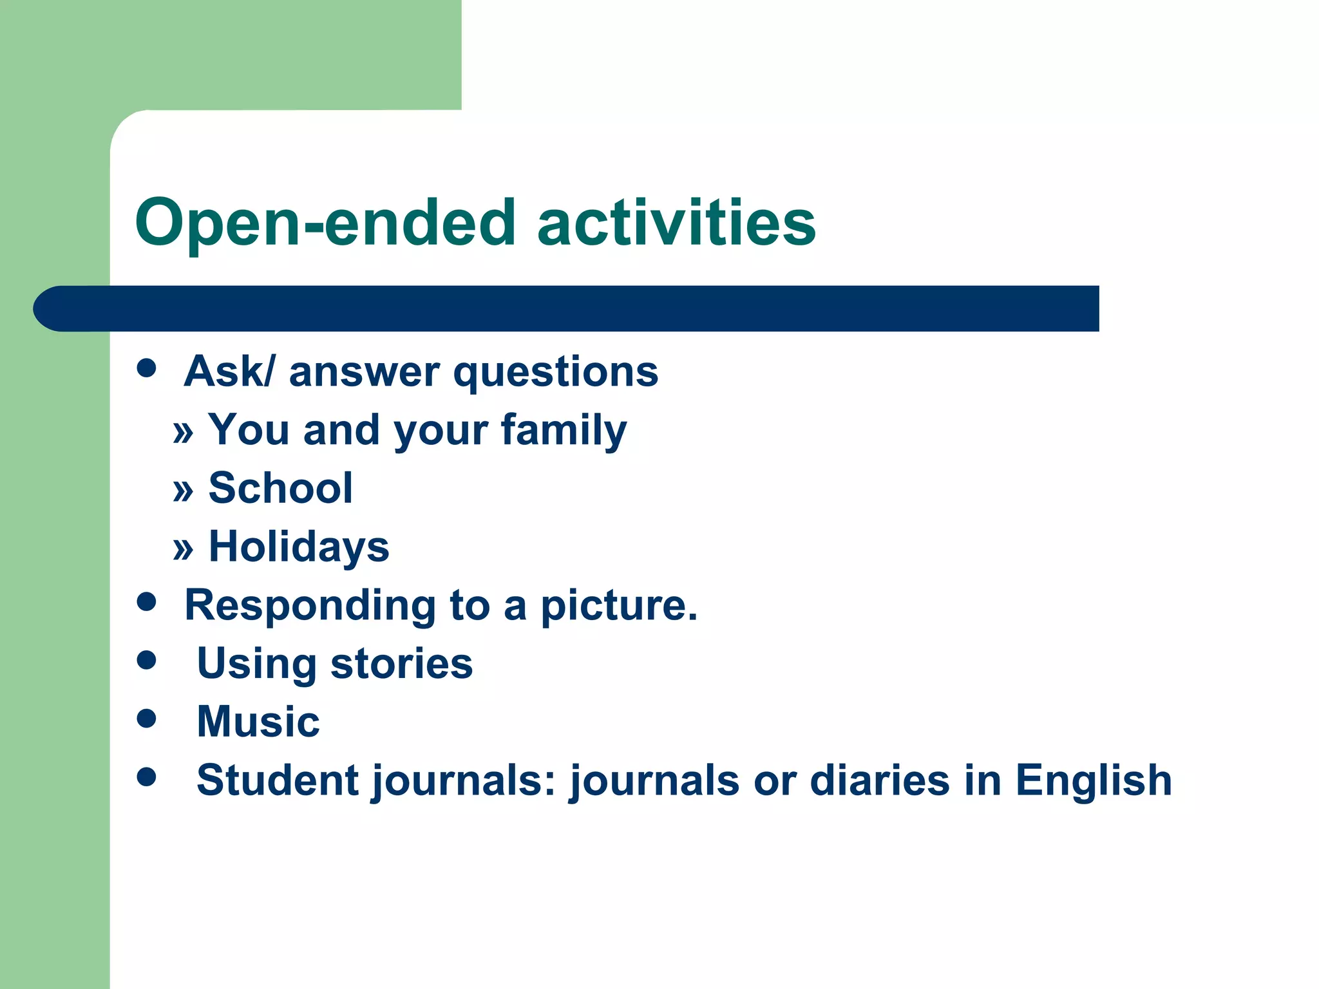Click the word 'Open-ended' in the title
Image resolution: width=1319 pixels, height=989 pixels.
[x=325, y=223]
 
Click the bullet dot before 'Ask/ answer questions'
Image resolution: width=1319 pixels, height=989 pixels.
[x=147, y=368]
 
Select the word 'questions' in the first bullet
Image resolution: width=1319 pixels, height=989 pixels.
[x=555, y=373]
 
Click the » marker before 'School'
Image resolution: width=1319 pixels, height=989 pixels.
[x=183, y=491]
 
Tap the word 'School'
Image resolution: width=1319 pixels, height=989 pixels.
[x=281, y=488]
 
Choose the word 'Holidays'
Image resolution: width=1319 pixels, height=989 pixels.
[x=299, y=547]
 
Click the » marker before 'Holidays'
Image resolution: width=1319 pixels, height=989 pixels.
[x=183, y=549]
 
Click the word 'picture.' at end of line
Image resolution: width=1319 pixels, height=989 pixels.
[x=618, y=607]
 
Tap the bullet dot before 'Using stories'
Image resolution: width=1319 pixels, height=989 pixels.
[x=147, y=660]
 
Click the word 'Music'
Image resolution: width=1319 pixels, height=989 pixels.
[x=258, y=721]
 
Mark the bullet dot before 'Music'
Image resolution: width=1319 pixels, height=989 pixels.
[x=147, y=718]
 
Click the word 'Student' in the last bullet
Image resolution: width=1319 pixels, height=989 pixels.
[x=278, y=780]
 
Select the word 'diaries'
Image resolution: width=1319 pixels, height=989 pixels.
[x=879, y=780]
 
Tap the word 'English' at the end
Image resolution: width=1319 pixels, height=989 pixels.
[x=1093, y=780]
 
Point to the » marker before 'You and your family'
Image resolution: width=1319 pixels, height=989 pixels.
[x=183, y=432]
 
